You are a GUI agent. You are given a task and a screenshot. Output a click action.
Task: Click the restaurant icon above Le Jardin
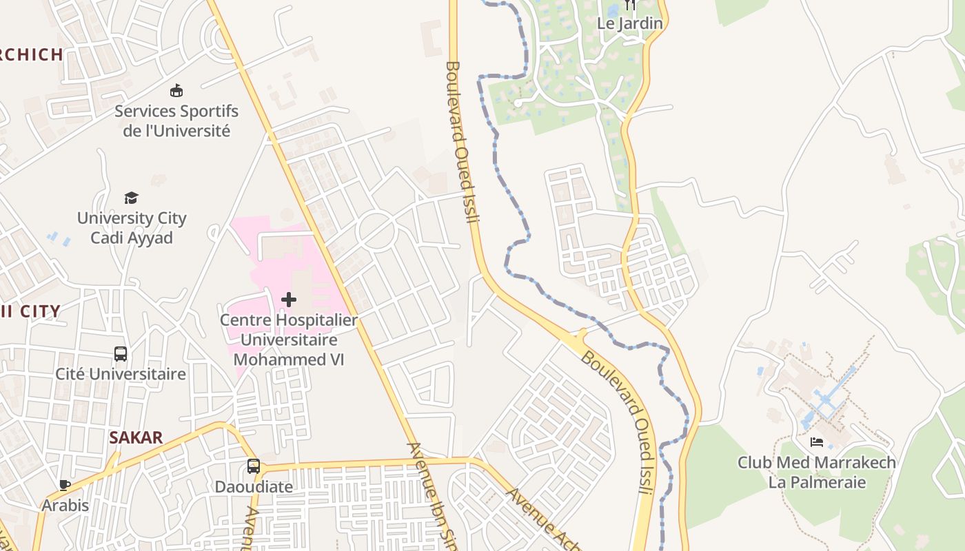click(x=630, y=6)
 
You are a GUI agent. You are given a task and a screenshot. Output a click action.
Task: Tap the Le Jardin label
click(x=630, y=23)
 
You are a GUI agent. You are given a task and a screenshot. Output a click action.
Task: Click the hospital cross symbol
click(x=289, y=300)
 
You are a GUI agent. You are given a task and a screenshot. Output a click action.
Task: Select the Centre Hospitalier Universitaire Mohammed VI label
click(x=289, y=340)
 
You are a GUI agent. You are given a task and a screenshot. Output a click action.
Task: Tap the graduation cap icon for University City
click(x=131, y=198)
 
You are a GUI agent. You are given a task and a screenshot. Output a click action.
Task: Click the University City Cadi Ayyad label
click(x=132, y=228)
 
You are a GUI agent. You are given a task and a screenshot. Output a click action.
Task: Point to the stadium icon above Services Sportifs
click(x=176, y=90)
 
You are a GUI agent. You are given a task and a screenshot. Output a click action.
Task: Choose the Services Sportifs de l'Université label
click(x=176, y=121)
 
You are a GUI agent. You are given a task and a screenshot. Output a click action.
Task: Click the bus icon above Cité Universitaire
click(x=121, y=354)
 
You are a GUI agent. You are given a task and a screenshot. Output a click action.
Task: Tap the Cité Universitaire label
click(x=121, y=374)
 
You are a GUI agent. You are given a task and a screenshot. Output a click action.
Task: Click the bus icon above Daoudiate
click(x=254, y=466)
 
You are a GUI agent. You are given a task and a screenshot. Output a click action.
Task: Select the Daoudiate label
click(x=254, y=487)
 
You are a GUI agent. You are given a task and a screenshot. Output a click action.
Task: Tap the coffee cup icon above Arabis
click(x=65, y=485)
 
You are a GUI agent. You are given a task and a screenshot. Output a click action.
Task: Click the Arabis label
click(x=65, y=506)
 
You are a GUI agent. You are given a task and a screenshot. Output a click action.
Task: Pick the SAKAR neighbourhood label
click(x=136, y=437)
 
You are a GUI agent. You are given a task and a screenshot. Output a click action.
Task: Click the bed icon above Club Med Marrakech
click(x=817, y=441)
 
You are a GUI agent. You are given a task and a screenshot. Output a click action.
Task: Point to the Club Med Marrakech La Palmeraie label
click(x=817, y=472)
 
